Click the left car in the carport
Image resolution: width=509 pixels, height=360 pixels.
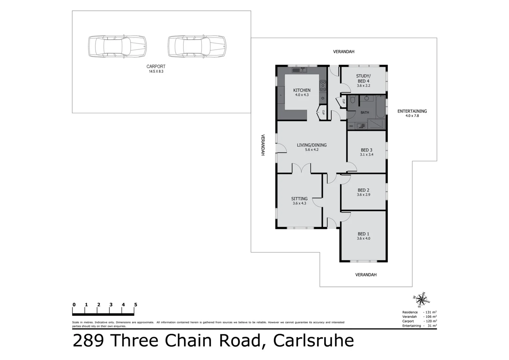117,47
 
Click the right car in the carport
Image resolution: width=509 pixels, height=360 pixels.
197,47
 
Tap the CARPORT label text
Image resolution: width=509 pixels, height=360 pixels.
156,67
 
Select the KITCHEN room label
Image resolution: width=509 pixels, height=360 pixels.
302,90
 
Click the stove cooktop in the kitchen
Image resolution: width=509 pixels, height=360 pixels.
323,86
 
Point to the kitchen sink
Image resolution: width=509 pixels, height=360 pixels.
299,70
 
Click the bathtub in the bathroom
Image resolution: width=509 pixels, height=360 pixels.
380,107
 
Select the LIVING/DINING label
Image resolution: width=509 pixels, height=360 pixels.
312,145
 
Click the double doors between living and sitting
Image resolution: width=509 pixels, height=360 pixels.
302,169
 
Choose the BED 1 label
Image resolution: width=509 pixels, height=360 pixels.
363,234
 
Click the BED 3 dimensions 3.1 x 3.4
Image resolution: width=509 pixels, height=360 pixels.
366,155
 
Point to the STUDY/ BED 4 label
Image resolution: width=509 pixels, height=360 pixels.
363,79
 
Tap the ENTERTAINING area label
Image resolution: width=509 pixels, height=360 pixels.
412,111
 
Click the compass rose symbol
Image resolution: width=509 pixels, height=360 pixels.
421,299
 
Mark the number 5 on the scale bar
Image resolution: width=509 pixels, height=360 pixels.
136,305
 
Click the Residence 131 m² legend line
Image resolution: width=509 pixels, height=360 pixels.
419,312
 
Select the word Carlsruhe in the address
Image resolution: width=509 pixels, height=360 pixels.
313,341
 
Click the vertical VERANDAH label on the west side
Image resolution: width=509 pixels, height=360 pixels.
263,145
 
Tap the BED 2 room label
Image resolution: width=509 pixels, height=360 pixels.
363,190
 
